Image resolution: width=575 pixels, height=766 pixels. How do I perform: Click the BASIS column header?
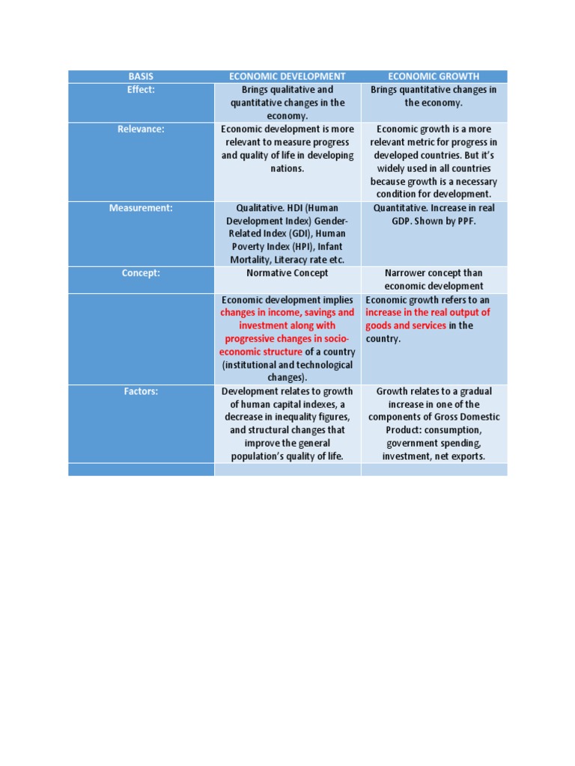point(141,76)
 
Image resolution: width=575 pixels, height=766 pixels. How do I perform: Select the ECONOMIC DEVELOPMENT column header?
point(287,76)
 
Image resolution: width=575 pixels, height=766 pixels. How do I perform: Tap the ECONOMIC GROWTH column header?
point(433,76)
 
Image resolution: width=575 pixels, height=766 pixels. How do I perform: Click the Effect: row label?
point(141,90)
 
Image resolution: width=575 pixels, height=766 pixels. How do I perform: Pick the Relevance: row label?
point(141,129)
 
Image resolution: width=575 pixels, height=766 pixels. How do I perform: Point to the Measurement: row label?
point(141,208)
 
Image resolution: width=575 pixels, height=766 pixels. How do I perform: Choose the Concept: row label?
point(141,273)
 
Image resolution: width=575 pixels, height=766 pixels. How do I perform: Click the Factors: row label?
point(141,391)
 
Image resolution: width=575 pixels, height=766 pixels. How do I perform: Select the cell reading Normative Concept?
point(287,273)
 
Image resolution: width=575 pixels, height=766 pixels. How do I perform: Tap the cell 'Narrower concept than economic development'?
point(433,280)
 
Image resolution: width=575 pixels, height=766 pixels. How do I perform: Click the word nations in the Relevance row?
point(287,169)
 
